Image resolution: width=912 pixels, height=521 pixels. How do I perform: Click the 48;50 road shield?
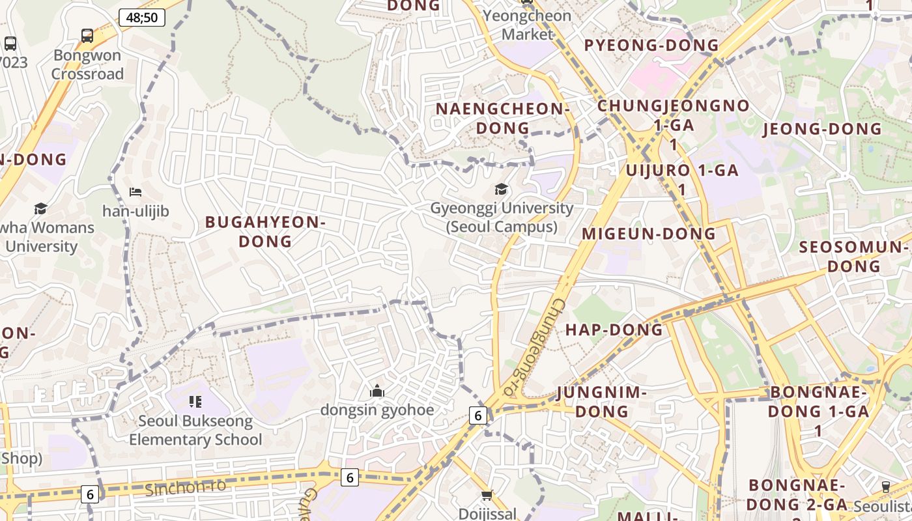click(x=142, y=18)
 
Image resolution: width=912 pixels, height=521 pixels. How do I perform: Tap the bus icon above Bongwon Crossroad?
click(x=87, y=35)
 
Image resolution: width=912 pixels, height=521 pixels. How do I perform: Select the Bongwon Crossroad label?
click(x=87, y=64)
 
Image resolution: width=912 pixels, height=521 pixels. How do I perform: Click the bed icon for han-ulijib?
click(x=135, y=192)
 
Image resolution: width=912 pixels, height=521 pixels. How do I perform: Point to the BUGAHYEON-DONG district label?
click(x=265, y=232)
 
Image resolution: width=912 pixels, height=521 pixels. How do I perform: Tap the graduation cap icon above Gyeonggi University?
click(x=501, y=190)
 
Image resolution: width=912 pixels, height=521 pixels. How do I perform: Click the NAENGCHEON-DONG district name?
click(x=502, y=119)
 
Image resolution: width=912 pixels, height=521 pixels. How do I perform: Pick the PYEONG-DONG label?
click(x=651, y=46)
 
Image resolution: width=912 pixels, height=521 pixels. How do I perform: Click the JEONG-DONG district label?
click(x=822, y=129)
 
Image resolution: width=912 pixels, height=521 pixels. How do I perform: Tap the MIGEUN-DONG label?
click(x=649, y=234)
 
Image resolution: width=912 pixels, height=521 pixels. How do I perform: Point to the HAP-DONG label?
click(x=614, y=330)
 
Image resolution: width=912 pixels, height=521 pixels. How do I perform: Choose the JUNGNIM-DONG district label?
click(x=602, y=402)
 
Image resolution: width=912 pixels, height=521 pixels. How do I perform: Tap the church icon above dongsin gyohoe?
click(x=377, y=391)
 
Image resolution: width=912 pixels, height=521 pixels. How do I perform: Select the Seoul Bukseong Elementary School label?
click(x=195, y=430)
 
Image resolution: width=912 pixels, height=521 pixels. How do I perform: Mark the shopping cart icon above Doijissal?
click(x=487, y=496)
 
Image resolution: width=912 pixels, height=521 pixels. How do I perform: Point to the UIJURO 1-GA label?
click(x=681, y=171)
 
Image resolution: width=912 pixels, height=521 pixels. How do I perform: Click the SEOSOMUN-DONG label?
click(x=853, y=257)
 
